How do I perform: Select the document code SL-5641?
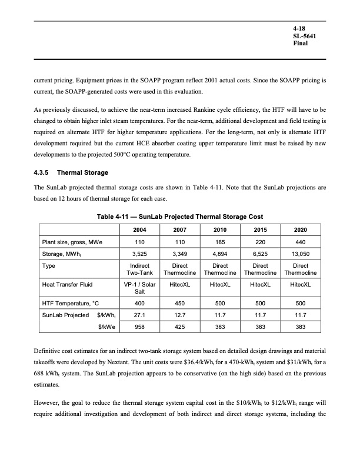pos(304,36)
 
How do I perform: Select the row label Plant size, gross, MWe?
pos(71,242)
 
